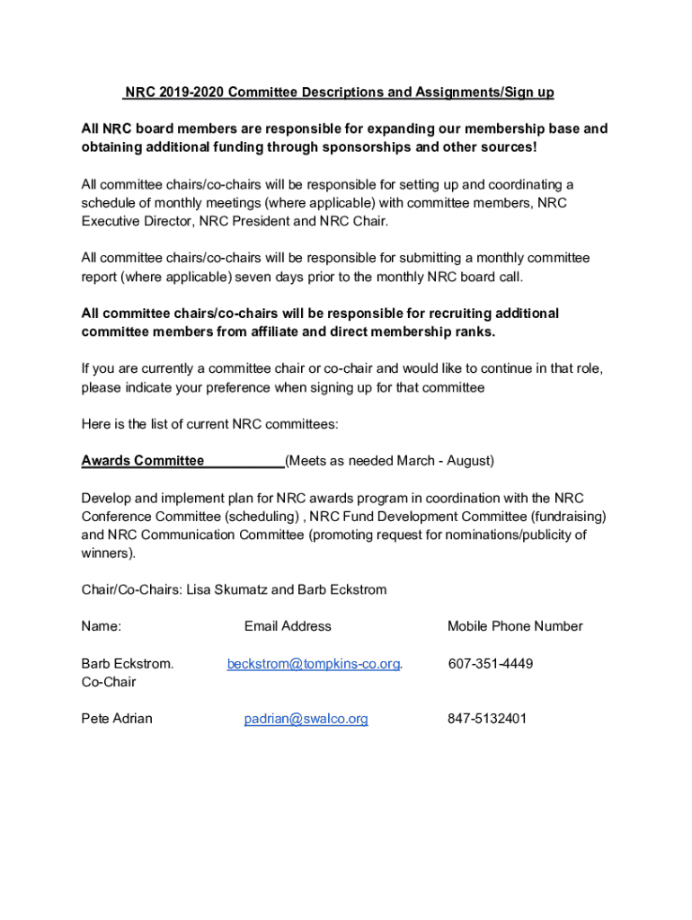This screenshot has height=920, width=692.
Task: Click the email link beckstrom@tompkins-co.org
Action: (x=313, y=664)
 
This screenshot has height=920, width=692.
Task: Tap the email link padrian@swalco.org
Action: (x=306, y=719)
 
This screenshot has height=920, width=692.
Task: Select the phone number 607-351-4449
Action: (x=490, y=664)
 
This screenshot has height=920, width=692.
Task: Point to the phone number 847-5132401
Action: (x=487, y=719)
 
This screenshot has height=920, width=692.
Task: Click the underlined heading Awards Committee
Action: (x=143, y=461)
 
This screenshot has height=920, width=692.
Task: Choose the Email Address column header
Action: (x=288, y=626)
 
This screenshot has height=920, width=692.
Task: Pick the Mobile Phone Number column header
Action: (x=515, y=626)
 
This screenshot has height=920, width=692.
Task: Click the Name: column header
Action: (x=102, y=626)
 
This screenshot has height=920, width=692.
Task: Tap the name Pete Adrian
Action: (x=117, y=719)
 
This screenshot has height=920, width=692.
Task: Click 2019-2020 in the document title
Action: (x=187, y=93)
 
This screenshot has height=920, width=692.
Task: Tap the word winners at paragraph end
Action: (x=106, y=553)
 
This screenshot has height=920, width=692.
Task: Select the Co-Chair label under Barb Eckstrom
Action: (x=109, y=682)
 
